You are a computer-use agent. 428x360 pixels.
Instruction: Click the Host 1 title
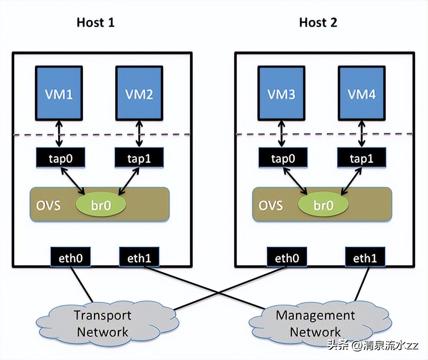(95, 22)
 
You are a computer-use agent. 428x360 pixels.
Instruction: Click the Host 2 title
(318, 22)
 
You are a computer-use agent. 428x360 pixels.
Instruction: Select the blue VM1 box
(60, 93)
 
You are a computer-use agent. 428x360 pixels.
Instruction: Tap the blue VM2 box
(140, 93)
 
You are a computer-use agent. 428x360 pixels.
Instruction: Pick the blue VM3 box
(282, 93)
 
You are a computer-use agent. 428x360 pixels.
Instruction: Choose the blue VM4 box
(362, 93)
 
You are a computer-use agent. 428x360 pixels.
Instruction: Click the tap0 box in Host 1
(60, 158)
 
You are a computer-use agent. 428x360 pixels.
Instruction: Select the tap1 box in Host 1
(140, 158)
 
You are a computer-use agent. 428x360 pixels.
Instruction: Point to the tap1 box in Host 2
(362, 158)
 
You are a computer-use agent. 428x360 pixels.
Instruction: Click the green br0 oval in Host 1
(101, 204)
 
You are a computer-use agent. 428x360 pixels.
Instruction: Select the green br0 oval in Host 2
(324, 204)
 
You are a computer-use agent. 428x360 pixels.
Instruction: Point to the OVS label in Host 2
(270, 205)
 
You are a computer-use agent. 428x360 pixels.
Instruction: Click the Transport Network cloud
(103, 324)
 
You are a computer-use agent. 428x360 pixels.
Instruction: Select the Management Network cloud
(315, 324)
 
